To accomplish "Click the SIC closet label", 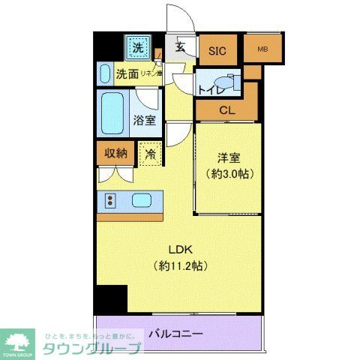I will tap(217, 51).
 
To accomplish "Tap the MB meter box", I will tap(262, 50).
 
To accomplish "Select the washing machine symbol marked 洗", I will tap(137, 49).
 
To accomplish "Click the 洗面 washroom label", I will tap(127, 74).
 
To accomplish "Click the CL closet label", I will tap(227, 111).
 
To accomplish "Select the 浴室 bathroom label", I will tap(145, 120).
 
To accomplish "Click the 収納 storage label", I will tap(115, 153).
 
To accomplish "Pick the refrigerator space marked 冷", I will tap(150, 154).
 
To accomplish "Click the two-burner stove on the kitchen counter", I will tap(110, 200).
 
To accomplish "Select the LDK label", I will tap(180, 250).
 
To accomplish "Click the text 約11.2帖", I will tap(180, 265).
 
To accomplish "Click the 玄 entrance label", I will tap(181, 46).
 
